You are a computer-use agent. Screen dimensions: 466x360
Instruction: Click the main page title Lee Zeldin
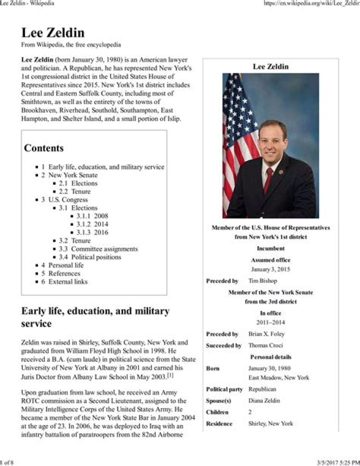(x=52, y=33)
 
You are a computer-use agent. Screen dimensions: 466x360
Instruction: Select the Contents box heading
(x=44, y=148)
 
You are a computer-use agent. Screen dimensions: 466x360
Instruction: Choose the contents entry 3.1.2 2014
(x=92, y=224)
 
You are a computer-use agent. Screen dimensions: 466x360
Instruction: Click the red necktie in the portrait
(x=268, y=180)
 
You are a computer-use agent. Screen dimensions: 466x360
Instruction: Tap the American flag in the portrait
(x=237, y=130)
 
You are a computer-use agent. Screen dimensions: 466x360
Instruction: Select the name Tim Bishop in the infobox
(x=262, y=281)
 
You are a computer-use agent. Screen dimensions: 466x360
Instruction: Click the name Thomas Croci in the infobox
(x=265, y=345)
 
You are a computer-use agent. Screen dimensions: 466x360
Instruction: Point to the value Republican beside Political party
(x=262, y=389)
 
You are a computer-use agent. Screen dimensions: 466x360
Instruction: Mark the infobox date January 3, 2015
(x=270, y=269)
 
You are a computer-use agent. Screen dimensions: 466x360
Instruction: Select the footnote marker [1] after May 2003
(x=170, y=375)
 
